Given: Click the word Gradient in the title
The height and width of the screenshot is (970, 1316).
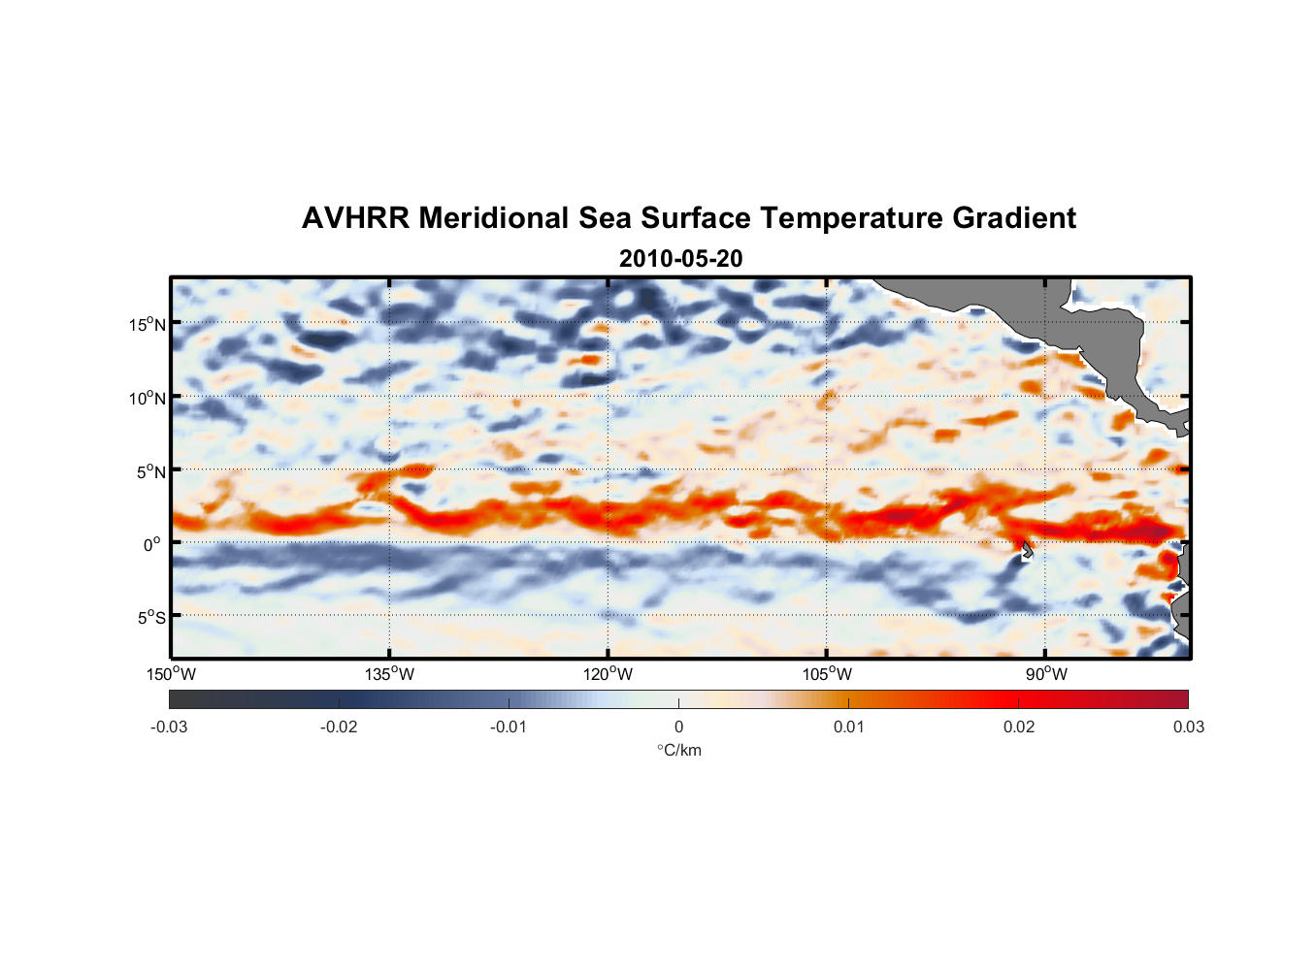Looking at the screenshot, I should pyautogui.click(x=1013, y=218).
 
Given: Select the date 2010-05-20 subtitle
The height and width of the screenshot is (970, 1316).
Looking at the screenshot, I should pyautogui.click(x=680, y=259).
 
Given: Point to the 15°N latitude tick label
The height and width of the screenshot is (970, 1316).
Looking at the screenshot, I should pyautogui.click(x=148, y=324).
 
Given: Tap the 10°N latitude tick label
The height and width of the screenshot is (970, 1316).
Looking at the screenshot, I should pyautogui.click(x=148, y=398).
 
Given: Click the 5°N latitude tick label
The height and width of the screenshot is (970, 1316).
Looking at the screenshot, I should pyautogui.click(x=150, y=471).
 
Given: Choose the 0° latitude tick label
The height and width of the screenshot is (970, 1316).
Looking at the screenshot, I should pyautogui.click(x=153, y=544).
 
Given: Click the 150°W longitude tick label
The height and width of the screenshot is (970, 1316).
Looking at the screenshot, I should pyautogui.click(x=171, y=674).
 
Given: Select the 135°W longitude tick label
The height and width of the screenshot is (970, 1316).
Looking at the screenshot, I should pyautogui.click(x=390, y=674).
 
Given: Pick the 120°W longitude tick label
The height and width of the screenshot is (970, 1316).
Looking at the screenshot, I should pyautogui.click(x=609, y=674).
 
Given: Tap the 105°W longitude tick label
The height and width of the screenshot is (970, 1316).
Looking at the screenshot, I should pyautogui.click(x=827, y=674).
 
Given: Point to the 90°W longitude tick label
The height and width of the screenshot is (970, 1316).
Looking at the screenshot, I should pyautogui.click(x=1046, y=674).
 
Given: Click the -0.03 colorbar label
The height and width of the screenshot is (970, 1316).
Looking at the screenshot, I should pyautogui.click(x=169, y=727).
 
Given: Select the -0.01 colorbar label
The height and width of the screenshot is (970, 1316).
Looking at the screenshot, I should pyautogui.click(x=509, y=727).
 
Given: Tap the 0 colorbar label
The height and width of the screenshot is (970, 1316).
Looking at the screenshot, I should pyautogui.click(x=678, y=727).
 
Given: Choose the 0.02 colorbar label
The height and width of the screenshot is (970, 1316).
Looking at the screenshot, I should pyautogui.click(x=1019, y=727).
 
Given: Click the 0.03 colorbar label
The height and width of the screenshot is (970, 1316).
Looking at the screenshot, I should pyautogui.click(x=1188, y=727).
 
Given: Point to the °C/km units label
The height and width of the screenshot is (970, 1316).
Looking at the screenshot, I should pyautogui.click(x=679, y=750).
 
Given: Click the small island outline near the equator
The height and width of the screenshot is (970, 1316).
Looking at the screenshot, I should pyautogui.click(x=1027, y=551).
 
